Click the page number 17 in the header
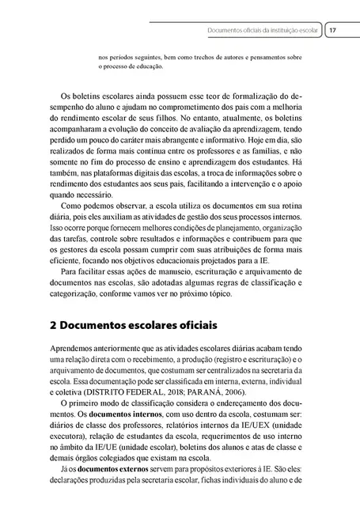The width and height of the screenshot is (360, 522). coord(333,31)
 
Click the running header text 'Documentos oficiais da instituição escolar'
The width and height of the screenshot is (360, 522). coord(261,31)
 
